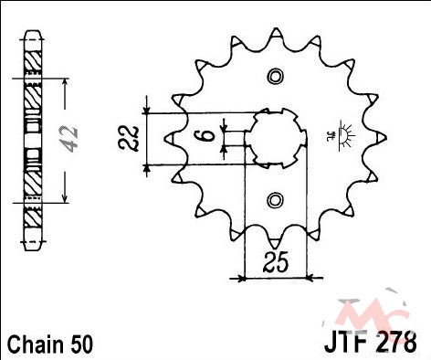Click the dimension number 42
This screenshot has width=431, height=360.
70,138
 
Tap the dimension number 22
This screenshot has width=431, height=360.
128,138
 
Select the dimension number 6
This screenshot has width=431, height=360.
207,135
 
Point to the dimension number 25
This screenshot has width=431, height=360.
276,262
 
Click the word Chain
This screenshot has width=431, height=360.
34,344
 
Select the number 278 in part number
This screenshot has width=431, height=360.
395,341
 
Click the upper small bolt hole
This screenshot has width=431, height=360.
275,76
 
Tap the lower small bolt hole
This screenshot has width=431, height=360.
275,200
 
